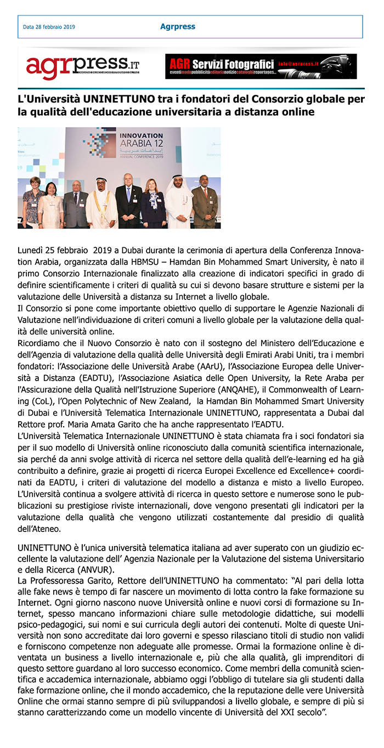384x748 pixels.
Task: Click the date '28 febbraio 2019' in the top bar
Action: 54,27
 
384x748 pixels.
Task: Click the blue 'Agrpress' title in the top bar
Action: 177,26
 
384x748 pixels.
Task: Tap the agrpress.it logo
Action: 82,66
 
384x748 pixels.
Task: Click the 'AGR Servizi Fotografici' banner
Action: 261,66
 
